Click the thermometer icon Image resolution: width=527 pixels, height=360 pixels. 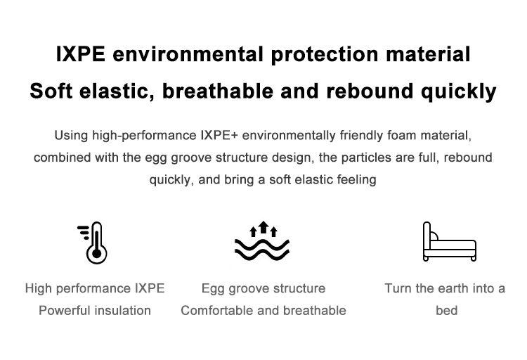click(x=96, y=243)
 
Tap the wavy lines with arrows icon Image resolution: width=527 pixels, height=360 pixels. click(x=262, y=241)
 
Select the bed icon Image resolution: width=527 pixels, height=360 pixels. click(x=450, y=242)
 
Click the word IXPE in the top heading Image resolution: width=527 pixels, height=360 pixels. click(x=81, y=54)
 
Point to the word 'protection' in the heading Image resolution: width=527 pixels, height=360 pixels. click(x=325, y=55)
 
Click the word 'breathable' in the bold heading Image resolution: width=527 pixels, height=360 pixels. click(x=218, y=91)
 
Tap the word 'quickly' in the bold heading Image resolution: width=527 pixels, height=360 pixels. click(x=458, y=92)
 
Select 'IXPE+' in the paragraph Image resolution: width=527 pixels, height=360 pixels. click(x=219, y=135)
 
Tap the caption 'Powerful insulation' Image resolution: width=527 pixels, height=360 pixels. click(x=95, y=310)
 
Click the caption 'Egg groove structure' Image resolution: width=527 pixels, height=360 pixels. click(x=263, y=289)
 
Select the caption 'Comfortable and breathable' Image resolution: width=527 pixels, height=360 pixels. click(x=263, y=310)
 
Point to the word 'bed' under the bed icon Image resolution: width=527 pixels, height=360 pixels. click(x=447, y=310)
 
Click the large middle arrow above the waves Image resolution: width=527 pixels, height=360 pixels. click(x=263, y=227)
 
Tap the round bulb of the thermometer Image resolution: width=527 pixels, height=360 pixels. click(x=97, y=253)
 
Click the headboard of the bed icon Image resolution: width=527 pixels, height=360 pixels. click(x=427, y=236)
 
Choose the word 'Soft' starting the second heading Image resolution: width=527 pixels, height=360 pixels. click(x=51, y=91)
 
